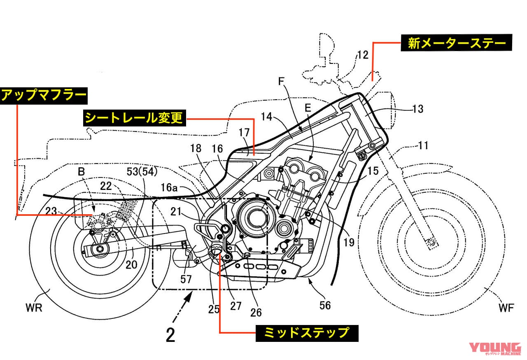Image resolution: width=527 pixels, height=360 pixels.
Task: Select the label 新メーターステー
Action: click(456, 43)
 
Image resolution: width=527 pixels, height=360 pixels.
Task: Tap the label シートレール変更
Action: click(134, 119)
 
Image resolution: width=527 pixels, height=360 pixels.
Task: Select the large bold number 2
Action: click(170, 334)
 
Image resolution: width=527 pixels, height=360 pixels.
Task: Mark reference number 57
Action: click(186, 279)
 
